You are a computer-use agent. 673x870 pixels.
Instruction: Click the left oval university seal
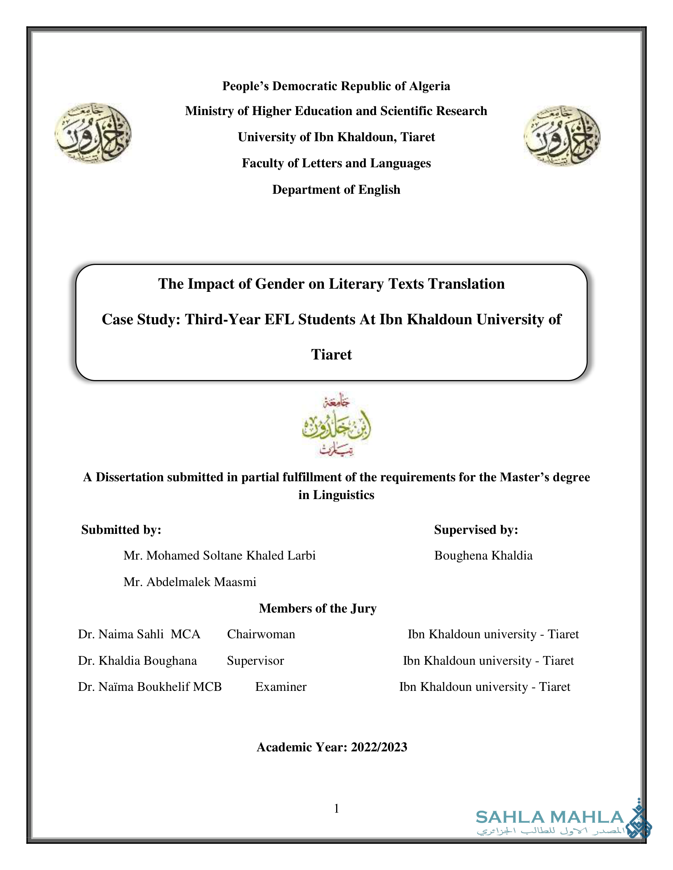93,133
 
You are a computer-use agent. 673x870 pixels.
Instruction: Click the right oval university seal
562,136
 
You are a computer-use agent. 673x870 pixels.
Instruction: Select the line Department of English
336,189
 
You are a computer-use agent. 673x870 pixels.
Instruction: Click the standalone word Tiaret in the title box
331,355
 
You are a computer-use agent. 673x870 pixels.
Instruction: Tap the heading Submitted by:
121,530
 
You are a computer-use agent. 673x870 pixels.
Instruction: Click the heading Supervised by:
476,530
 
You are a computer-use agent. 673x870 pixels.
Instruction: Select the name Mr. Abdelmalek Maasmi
190,582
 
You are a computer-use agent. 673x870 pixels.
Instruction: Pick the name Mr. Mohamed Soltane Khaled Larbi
219,556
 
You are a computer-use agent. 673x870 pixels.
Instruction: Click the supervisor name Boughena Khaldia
483,556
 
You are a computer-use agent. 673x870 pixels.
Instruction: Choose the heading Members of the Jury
318,608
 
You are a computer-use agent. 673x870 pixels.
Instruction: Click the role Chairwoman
261,634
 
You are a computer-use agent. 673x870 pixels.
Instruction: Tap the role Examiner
281,687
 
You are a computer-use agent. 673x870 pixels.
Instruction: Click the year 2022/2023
379,747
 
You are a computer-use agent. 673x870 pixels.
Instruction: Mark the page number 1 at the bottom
336,808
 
